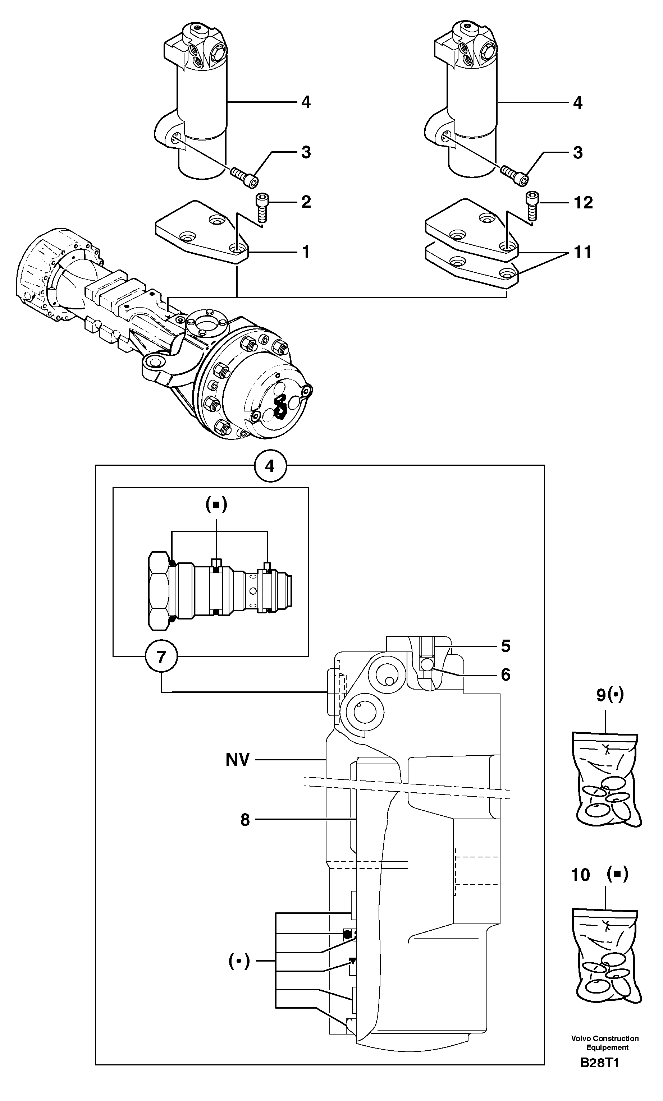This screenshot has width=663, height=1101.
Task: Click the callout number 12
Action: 583,203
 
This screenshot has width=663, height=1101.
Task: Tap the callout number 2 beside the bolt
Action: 306,202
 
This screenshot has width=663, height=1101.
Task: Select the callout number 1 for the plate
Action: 306,252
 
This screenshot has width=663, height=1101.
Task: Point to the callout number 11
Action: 582,252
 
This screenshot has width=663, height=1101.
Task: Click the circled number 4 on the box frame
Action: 270,466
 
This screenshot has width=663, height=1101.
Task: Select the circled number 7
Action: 161,657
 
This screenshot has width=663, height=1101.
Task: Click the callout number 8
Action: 245,820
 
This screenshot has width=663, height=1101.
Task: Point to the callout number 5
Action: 505,646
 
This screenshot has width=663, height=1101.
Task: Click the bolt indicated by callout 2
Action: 262,207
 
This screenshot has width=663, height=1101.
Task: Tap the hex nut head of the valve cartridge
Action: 158,591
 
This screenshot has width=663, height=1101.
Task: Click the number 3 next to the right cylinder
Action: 578,153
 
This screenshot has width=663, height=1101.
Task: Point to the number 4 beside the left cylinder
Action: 306,102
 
